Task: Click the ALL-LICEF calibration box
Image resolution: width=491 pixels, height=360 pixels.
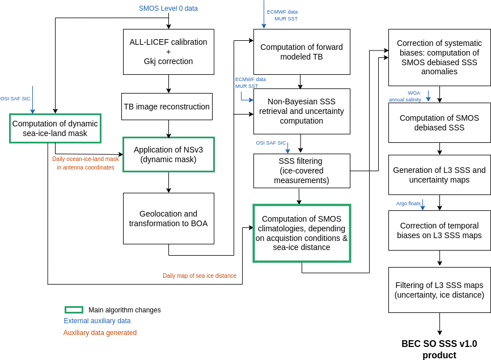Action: (168, 52)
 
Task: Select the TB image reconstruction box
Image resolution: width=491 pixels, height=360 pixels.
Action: (167, 107)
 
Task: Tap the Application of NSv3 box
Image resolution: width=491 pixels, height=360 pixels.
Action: (168, 154)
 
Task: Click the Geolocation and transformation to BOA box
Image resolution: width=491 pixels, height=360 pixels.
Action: (168, 218)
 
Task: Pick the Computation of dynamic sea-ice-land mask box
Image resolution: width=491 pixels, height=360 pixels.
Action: (55, 128)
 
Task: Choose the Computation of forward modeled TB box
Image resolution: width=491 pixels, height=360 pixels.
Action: (301, 52)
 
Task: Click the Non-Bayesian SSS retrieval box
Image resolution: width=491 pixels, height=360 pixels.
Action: (301, 111)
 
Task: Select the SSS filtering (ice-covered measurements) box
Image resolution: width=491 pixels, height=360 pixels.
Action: (301, 171)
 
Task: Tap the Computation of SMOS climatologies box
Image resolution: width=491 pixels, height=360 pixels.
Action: (302, 233)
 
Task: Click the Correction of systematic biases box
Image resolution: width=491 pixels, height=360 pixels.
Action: (439, 57)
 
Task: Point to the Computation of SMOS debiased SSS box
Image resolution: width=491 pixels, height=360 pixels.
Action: (439, 122)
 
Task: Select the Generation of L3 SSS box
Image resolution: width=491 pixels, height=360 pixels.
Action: (439, 175)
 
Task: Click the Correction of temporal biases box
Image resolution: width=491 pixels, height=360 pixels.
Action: (439, 230)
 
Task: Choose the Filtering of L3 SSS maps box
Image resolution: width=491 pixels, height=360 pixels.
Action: (439, 290)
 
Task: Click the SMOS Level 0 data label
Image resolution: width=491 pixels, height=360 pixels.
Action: (168, 9)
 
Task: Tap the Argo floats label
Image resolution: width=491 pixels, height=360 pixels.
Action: (408, 204)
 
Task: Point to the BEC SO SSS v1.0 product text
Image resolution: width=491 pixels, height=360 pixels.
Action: (439, 349)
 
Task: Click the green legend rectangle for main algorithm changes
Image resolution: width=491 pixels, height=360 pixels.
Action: (74, 310)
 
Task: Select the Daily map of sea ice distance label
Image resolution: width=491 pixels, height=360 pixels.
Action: (199, 276)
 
